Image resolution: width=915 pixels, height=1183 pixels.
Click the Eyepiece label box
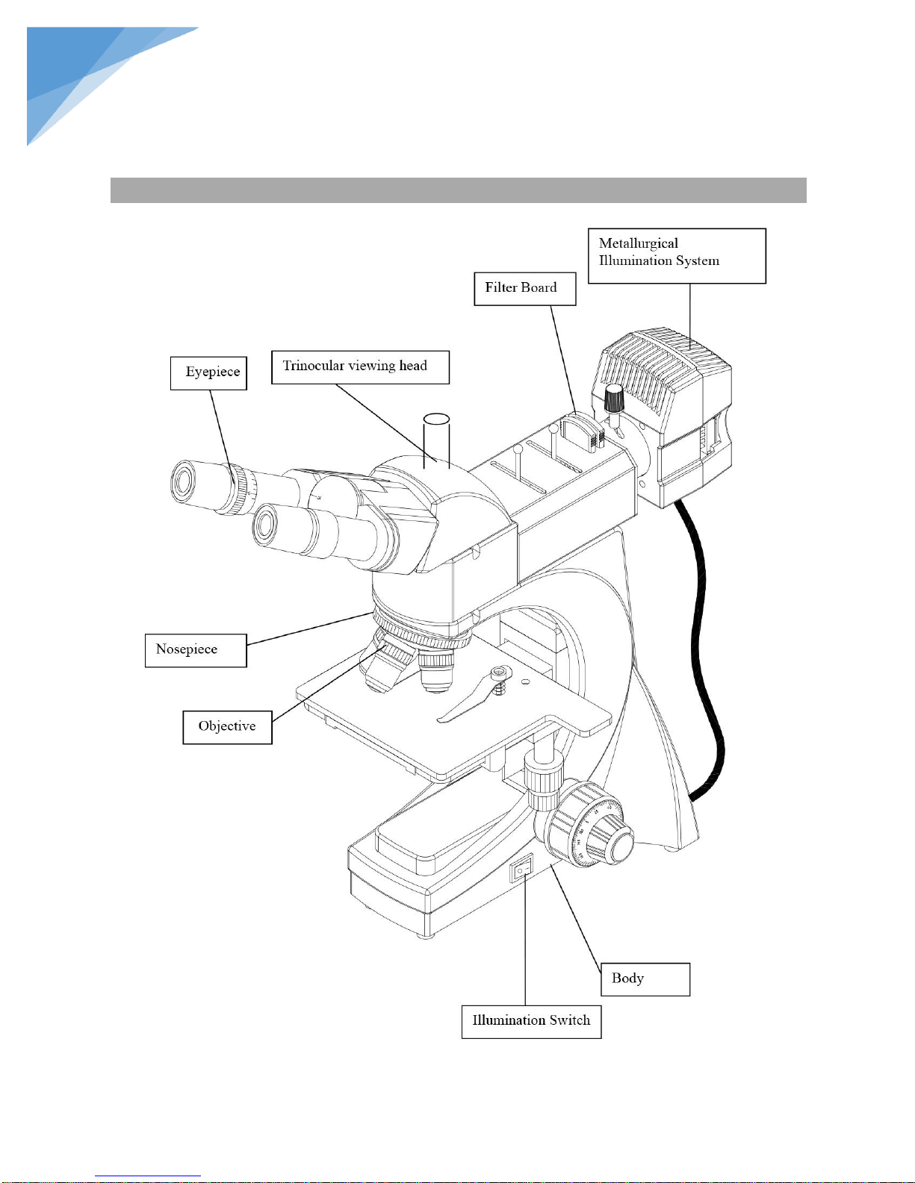click(208, 373)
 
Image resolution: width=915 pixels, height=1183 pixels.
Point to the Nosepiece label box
click(196, 650)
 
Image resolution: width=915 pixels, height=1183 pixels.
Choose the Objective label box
click(227, 727)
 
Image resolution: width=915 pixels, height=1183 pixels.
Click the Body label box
click(645, 978)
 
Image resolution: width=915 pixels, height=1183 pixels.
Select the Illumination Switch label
click(531, 1021)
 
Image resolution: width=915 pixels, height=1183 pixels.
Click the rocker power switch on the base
click(521, 870)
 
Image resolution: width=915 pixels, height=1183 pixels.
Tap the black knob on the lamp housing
click(614, 399)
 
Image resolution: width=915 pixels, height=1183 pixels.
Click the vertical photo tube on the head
click(436, 440)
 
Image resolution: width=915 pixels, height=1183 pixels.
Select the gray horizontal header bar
click(458, 190)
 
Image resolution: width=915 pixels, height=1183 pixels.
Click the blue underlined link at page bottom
click(148, 1176)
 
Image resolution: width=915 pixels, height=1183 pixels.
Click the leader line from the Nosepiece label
click(309, 628)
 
